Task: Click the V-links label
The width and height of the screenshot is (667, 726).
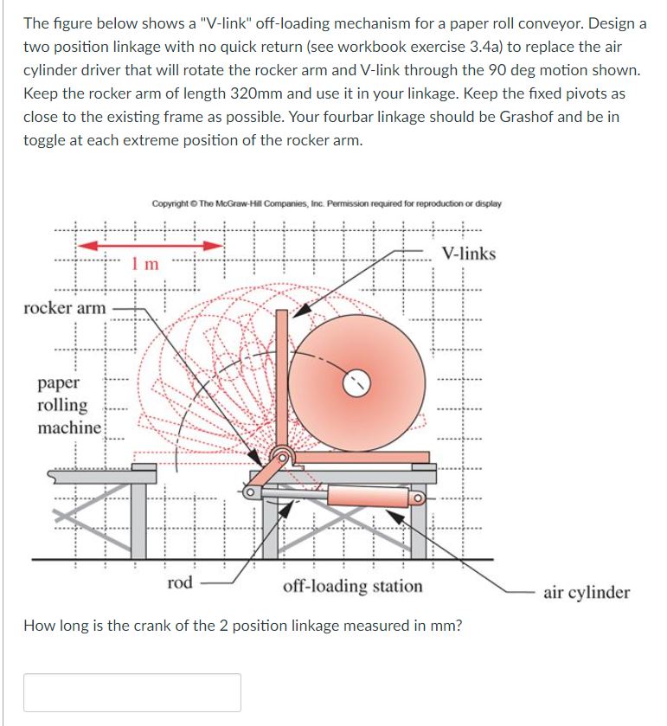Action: (468, 254)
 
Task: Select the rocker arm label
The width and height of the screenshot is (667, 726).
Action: (65, 307)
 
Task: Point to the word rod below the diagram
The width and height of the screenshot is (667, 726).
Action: (179, 582)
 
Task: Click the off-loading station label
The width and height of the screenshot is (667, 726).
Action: (353, 586)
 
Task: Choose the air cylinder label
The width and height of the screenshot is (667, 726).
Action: (587, 592)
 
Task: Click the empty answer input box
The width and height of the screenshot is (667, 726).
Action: (131, 692)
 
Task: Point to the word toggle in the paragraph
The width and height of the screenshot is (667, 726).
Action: (44, 140)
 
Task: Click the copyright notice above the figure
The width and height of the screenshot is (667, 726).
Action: (326, 204)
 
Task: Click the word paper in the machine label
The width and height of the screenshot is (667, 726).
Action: (59, 382)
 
